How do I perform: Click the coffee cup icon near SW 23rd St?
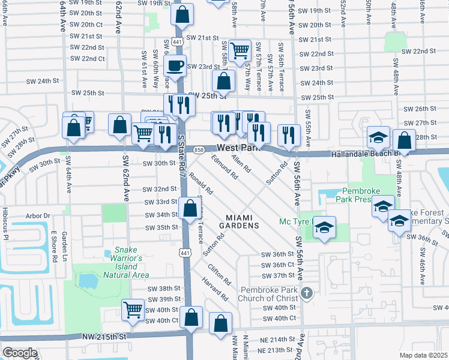(175, 66)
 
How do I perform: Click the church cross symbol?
(306, 293)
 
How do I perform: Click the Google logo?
(20, 353)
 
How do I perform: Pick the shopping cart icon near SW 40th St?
(133, 310)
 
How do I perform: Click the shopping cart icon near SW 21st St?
(240, 50)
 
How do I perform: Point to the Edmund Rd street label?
(224, 167)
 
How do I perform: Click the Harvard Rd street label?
(215, 289)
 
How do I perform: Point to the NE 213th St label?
(268, 349)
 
